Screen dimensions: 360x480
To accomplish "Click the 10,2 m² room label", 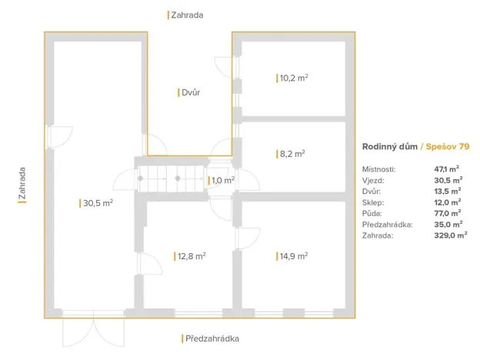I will point(294,78).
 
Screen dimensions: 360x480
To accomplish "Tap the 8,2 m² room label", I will point(292,154).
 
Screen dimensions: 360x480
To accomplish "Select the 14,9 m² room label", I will point(293,256).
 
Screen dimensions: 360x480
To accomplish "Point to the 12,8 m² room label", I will point(190,256).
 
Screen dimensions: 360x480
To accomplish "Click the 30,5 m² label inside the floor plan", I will point(98,203).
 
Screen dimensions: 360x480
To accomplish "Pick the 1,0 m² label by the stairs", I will point(222,180).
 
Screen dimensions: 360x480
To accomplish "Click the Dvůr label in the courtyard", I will point(190,92).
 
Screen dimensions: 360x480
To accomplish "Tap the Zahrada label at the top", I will point(188,14).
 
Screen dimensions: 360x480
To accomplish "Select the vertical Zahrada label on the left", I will point(22,185).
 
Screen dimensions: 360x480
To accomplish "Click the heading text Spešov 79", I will point(448,145).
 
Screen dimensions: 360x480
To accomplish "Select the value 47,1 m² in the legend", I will point(447,168).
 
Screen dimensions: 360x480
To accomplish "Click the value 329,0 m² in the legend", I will point(450,236).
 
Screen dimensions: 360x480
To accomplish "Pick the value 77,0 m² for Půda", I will point(447,213).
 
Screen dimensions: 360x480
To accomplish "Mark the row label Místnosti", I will point(378,168).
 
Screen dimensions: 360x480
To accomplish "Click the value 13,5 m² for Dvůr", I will point(447,191).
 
